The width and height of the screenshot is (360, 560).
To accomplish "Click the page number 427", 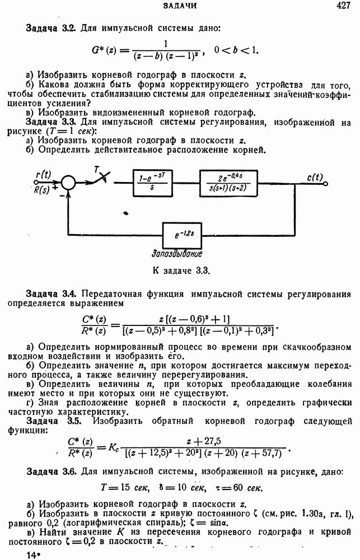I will click(x=343, y=6).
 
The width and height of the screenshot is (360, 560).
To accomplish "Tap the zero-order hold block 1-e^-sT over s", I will click(x=152, y=183).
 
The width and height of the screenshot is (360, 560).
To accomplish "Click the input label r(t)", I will click(x=43, y=175).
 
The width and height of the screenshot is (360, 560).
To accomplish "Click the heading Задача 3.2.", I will click(x=52, y=27).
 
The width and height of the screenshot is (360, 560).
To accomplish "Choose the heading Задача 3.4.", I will click(x=52, y=293).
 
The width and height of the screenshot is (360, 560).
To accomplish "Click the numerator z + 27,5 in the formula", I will click(x=205, y=441).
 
